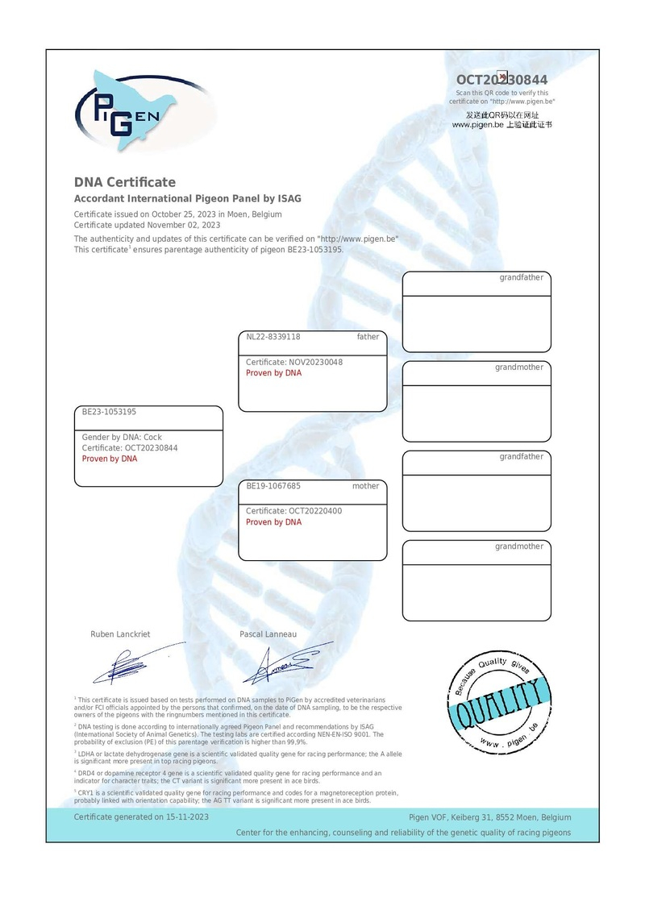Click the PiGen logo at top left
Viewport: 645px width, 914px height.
129,109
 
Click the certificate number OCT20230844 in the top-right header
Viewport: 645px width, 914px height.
501,80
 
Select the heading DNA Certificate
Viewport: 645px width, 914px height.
125,182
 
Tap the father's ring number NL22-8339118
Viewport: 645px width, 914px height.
273,337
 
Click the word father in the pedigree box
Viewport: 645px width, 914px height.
368,337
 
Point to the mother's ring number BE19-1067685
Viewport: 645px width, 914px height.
273,486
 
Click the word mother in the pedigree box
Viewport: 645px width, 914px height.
365,486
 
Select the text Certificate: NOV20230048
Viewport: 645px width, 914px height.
294,362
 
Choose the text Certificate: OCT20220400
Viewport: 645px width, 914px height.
293,511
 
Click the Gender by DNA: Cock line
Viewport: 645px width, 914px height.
122,437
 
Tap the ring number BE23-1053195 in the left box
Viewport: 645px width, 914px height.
110,412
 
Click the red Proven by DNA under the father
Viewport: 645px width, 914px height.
273,373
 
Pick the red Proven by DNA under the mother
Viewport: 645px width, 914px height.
273,522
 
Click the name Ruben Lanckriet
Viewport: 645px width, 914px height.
120,634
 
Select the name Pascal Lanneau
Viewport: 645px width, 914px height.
268,634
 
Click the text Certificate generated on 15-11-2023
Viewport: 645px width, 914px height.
142,816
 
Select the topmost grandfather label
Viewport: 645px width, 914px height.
521,277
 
